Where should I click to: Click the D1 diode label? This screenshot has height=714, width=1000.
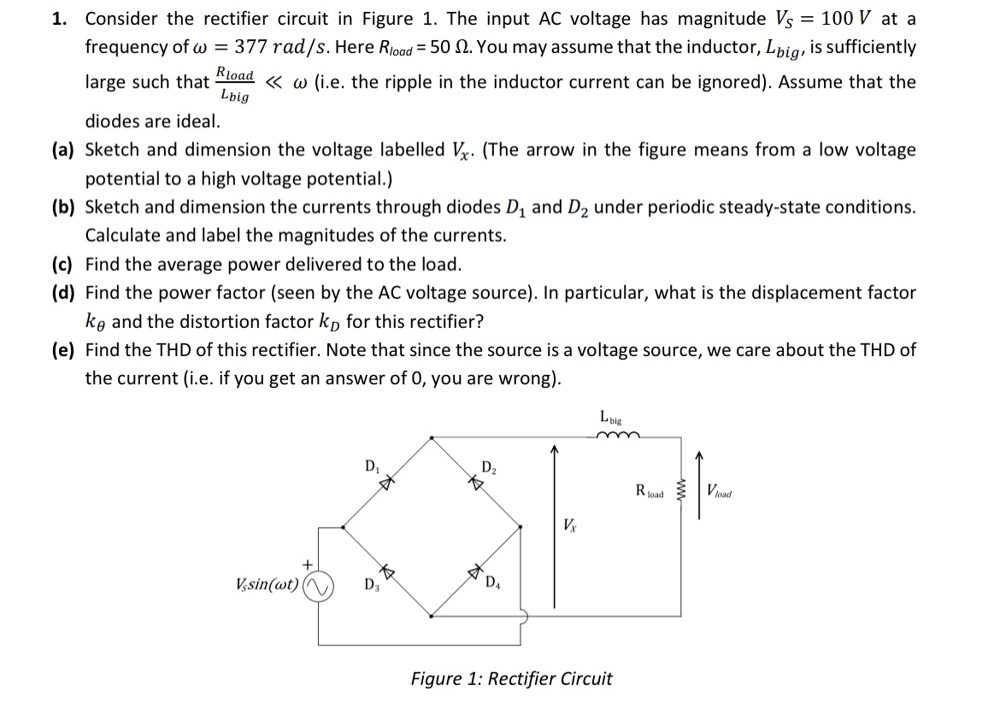click(x=371, y=467)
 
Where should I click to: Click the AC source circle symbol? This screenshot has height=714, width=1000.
click(x=319, y=585)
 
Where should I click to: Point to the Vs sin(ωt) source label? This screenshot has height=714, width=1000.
click(x=267, y=585)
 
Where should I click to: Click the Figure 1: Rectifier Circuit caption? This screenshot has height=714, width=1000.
click(x=511, y=679)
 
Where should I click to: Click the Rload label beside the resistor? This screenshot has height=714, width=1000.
click(x=650, y=491)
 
